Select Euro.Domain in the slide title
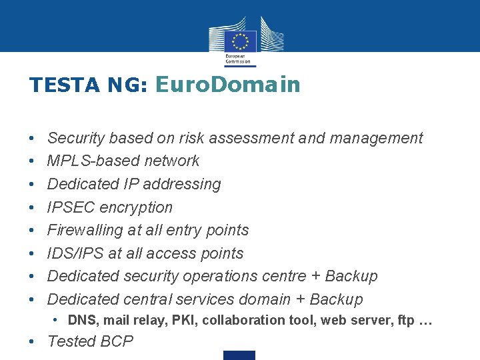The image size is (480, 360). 227,85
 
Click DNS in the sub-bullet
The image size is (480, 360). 82,320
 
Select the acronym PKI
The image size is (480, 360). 184,320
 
